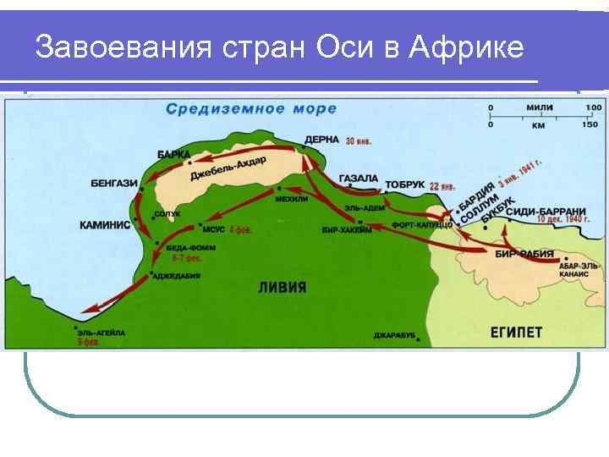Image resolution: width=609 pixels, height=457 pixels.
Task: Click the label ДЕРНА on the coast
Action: coord(322,140)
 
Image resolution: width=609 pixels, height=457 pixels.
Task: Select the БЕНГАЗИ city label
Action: coord(114,183)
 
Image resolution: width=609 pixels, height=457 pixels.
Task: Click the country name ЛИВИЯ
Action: coord(282,288)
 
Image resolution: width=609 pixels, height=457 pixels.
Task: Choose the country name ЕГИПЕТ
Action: coord(516,332)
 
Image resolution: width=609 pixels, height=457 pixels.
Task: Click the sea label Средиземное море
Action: coord(251,109)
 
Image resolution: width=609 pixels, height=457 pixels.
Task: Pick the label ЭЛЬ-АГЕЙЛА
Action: coord(101,333)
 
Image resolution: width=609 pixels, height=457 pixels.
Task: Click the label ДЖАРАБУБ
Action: coord(394,336)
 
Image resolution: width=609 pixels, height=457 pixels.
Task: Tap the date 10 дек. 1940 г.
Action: coord(563,220)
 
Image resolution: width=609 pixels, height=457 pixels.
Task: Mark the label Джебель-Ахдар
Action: coord(228,168)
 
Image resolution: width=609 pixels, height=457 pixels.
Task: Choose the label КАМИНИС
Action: coord(105,225)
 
